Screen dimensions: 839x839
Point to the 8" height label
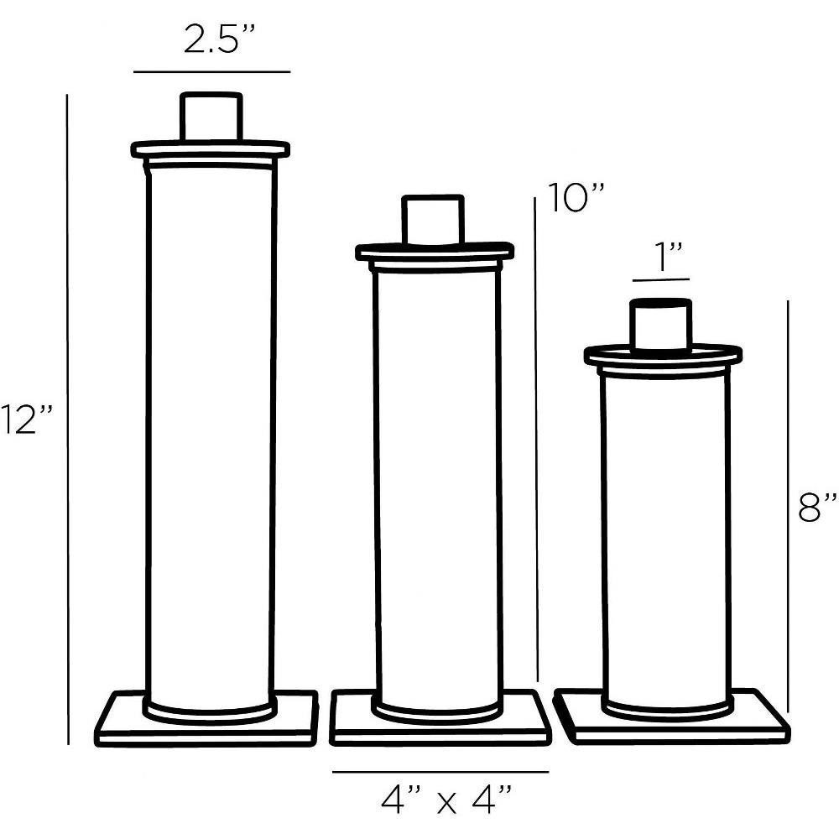point(817,508)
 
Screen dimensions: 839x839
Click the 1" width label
point(663,258)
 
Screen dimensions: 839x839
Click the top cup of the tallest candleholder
point(211,117)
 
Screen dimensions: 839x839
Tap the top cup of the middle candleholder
point(433,220)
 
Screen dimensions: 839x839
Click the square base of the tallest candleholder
point(206,719)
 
